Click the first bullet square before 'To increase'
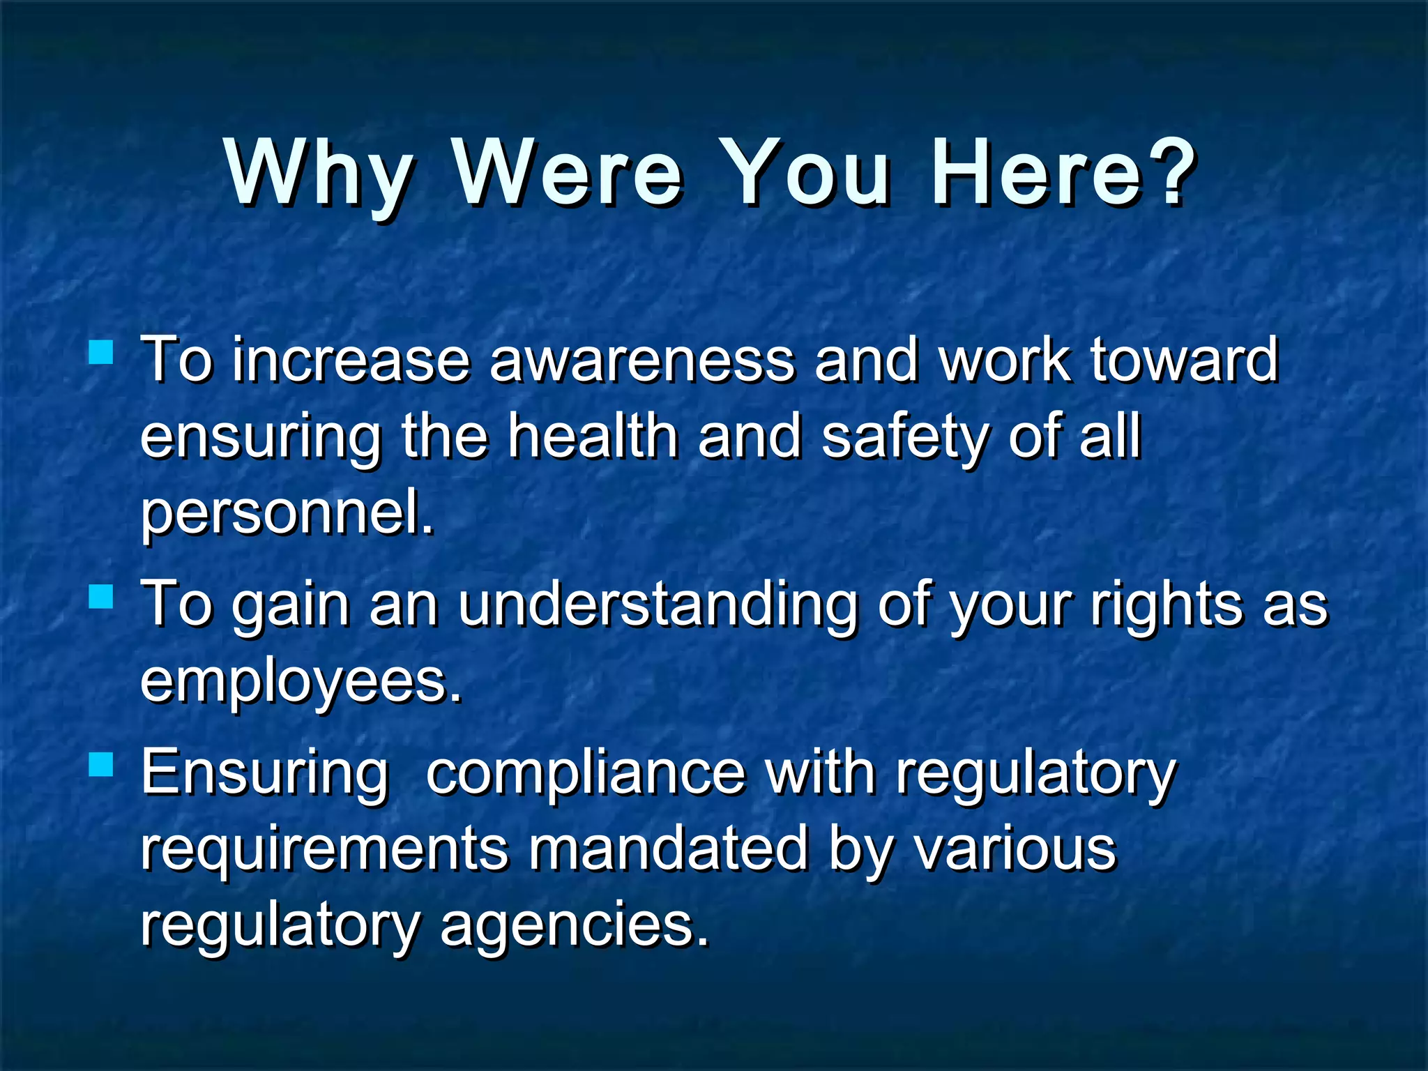pos(102,352)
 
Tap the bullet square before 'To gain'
pos(102,596)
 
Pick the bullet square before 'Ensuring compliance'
pos(102,765)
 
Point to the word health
pos(593,437)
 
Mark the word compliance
pos(586,774)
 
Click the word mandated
pos(668,849)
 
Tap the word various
pos(1015,849)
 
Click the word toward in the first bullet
pos(1184,360)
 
